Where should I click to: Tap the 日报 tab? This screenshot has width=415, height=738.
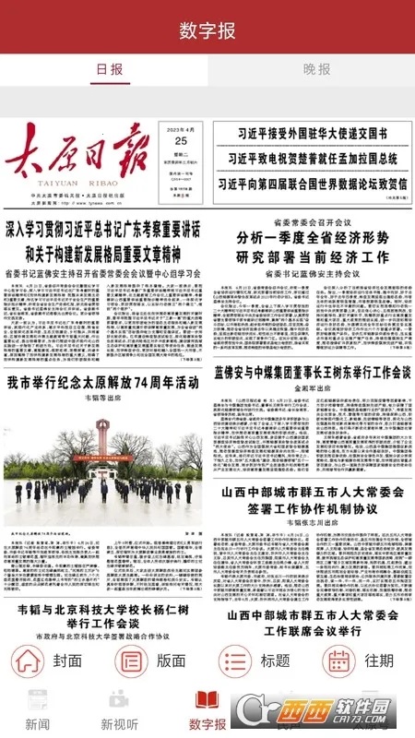[x=109, y=69]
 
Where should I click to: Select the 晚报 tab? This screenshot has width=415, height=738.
[x=316, y=69]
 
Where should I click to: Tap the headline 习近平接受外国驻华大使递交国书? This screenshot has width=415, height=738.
[x=311, y=134]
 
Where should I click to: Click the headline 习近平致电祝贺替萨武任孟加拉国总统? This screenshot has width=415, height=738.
[x=311, y=158]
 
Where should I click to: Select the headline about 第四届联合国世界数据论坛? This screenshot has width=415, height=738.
[x=311, y=183]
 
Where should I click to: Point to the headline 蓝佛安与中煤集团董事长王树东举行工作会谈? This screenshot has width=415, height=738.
[x=312, y=373]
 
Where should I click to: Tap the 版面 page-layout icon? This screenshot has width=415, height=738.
[x=130, y=661]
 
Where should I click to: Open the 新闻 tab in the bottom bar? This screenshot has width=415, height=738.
[x=38, y=709]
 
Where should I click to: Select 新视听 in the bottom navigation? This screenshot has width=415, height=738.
[x=120, y=709]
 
